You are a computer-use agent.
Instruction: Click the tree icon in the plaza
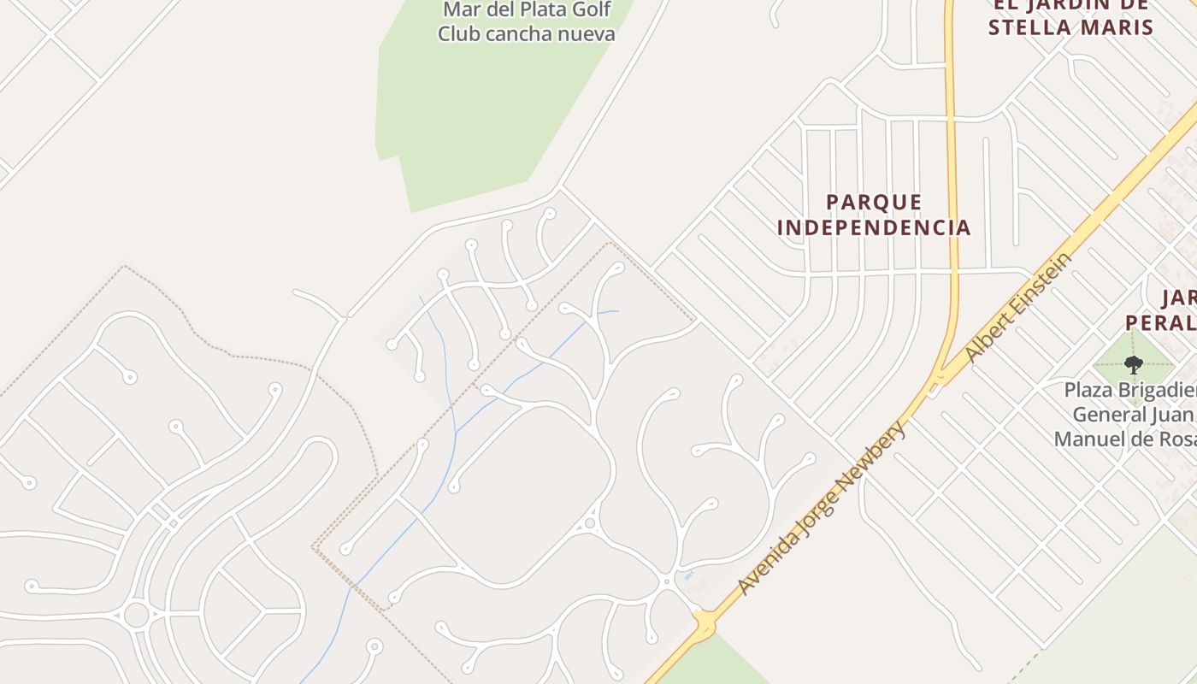(x=1134, y=365)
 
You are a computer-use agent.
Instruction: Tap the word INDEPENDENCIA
(x=874, y=227)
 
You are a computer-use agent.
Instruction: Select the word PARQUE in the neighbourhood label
(x=874, y=203)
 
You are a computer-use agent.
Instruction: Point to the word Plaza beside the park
(x=1090, y=391)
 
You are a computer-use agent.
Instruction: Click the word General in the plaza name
(x=1103, y=416)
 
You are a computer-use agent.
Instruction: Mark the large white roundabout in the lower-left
(x=136, y=614)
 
